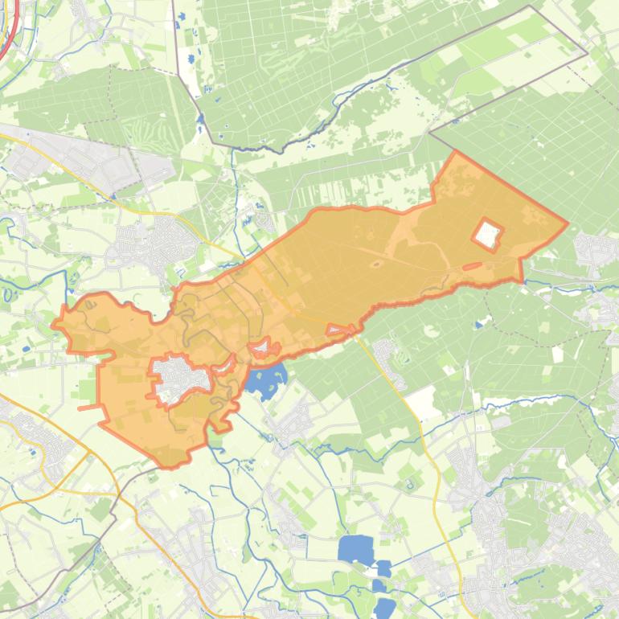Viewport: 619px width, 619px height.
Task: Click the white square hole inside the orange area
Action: (x=487, y=234)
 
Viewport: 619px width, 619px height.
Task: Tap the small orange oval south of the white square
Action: (x=472, y=266)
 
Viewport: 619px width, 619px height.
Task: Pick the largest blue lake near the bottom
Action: (x=355, y=550)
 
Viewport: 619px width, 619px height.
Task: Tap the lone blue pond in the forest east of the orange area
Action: (x=479, y=326)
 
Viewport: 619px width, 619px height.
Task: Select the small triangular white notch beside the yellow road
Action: (x=341, y=330)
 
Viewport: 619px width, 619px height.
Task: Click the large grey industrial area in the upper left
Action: (x=88, y=161)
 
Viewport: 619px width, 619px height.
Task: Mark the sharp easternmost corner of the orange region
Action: (x=567, y=223)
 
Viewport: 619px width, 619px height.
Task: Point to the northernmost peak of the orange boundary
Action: (x=456, y=152)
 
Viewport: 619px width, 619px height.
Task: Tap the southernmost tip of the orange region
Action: (x=168, y=466)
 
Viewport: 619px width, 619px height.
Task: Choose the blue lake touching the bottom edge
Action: (x=383, y=608)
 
